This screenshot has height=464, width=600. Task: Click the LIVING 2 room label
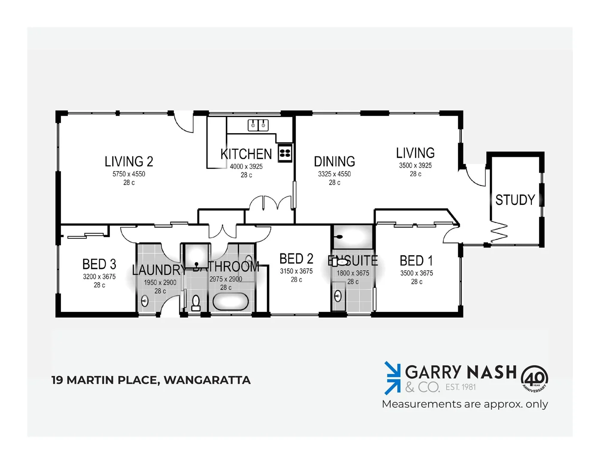pos(129,162)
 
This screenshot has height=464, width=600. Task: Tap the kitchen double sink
pos(258,125)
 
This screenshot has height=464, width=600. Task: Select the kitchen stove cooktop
pos(285,153)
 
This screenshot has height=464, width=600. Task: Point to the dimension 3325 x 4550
pos(334,174)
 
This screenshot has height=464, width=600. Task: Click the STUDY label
pos(515,200)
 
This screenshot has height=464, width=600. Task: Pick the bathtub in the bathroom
pos(230,302)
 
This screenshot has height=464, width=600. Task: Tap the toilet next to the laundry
pos(196,302)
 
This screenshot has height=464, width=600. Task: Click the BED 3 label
pos(99,264)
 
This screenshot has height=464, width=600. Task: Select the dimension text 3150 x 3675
pos(296,271)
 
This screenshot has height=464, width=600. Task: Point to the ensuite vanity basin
pos(338,296)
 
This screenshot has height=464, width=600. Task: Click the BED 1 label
pos(416,261)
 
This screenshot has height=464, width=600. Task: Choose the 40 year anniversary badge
pos(534,379)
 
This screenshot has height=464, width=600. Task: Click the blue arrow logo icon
pos(392,378)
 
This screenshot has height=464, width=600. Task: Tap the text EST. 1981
pos(461,387)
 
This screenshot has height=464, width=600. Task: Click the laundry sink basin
pos(145,300)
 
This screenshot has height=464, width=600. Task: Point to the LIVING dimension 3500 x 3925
pos(415,165)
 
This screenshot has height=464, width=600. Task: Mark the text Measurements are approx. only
pos(465,404)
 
